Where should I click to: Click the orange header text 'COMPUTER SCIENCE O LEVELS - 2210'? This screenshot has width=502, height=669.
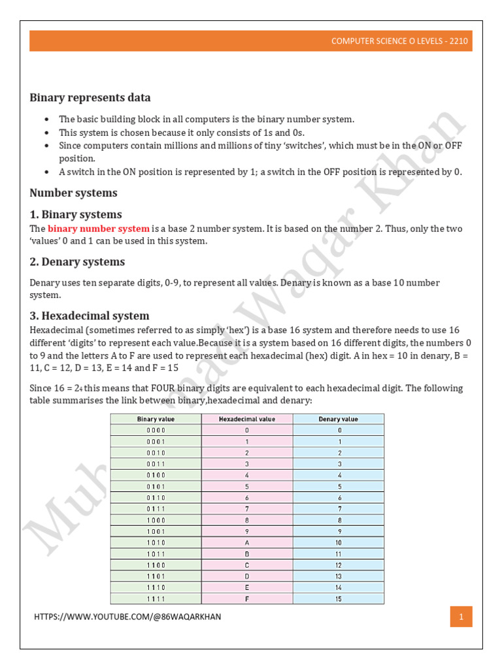tap(399, 41)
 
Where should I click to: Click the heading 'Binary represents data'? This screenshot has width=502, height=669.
tap(90, 97)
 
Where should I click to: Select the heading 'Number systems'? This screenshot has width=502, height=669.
tap(74, 193)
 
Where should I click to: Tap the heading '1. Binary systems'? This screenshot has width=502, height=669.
tap(76, 214)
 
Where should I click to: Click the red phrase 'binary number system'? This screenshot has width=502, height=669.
tap(99, 229)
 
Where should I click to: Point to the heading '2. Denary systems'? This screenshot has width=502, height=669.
tap(77, 261)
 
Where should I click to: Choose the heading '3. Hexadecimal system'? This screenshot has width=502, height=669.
tap(90, 316)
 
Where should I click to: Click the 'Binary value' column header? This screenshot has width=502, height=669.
tap(156, 419)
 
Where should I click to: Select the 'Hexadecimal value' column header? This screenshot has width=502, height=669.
tap(247, 419)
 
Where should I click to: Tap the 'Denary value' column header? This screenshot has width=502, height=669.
tap(338, 419)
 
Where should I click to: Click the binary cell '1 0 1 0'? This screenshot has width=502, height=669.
tap(156, 542)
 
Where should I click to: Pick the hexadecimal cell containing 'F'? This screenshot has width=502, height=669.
tap(247, 598)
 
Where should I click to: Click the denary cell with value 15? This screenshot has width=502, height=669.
tap(338, 598)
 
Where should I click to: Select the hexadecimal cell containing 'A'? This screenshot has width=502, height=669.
tap(247, 542)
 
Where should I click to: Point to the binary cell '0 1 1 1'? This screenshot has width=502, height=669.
tap(156, 508)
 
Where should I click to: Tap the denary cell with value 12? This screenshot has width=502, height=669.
tap(338, 564)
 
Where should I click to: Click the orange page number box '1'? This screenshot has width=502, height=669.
tap(461, 617)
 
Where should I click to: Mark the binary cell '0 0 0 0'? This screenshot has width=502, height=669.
tap(156, 430)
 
